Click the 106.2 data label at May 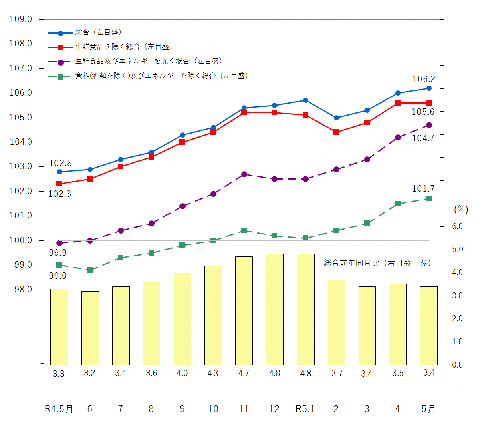point(423,79)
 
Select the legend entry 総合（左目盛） point(98,32)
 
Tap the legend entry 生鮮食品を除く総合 point(123,47)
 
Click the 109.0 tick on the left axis point(21,19)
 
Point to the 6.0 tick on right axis point(457,226)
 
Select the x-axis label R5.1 point(305,409)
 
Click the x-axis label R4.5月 point(59,409)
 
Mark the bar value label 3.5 point(397,373)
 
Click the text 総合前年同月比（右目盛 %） point(377,263)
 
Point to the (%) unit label point(461,209)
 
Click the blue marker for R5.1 point(305,100)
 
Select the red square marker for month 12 point(274,112)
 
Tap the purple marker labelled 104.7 point(429,125)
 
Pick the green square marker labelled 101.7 point(429,198)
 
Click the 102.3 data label point(59,194)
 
